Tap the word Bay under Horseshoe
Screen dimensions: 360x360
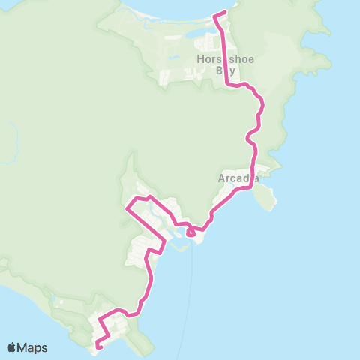225,70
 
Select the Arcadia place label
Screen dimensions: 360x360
238,178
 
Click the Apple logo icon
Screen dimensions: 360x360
12,347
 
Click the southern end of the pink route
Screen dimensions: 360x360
98,346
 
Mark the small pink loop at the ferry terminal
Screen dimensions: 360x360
191,233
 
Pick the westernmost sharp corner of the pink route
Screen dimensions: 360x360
126,210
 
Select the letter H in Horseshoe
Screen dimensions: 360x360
199,59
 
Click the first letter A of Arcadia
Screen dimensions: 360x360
221,178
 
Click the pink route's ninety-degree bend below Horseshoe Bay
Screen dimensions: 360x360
228,85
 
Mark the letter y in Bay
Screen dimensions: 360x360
232,71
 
